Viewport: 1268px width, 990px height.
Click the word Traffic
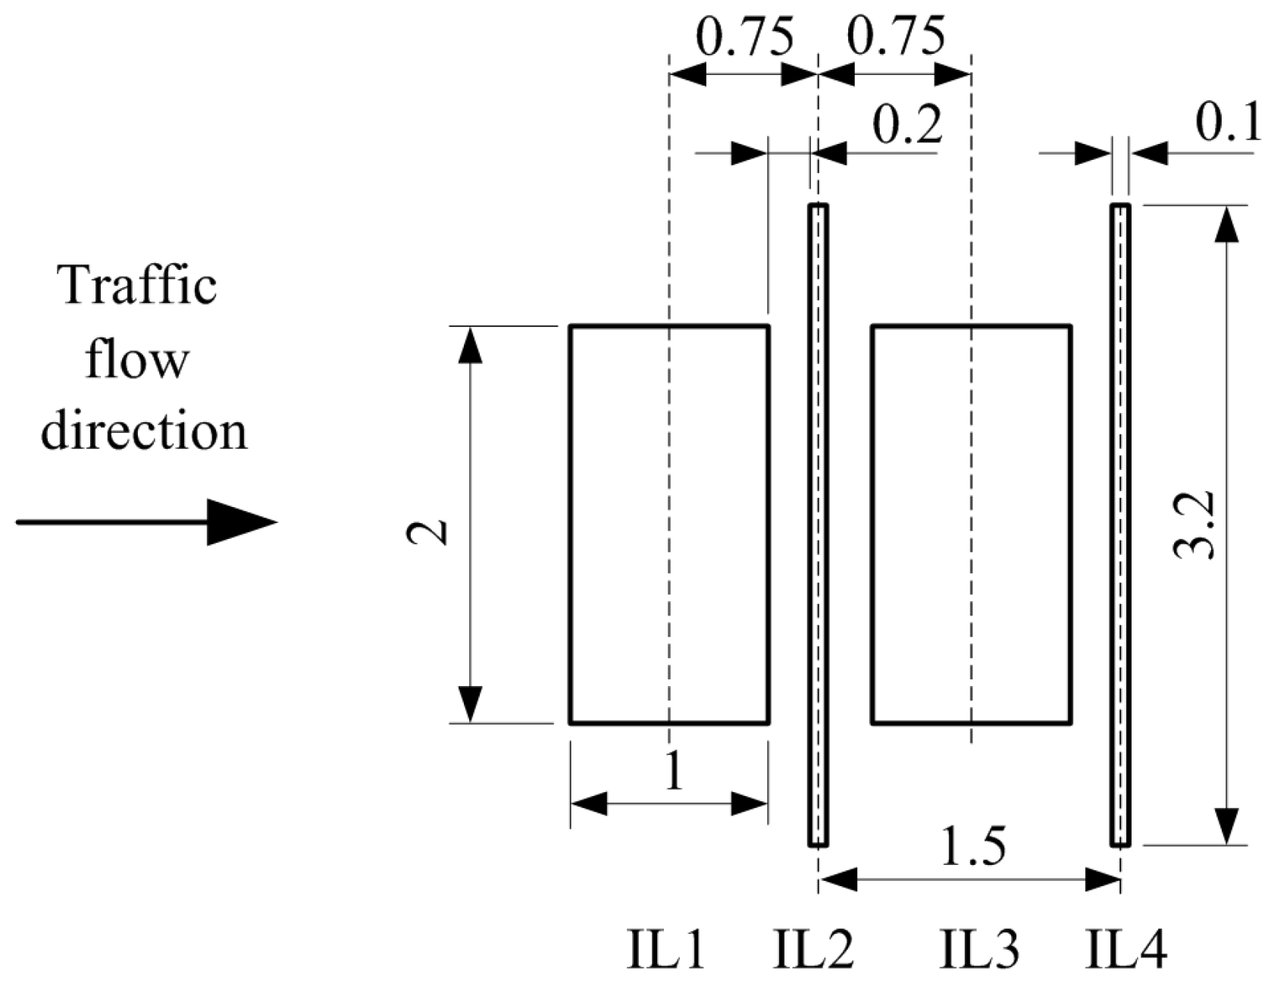tap(139, 286)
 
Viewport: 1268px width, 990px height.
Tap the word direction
tap(144, 431)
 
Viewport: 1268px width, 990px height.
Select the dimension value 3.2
tap(1194, 525)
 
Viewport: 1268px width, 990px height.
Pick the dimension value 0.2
tap(907, 125)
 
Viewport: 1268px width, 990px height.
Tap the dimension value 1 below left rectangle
tap(673, 774)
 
